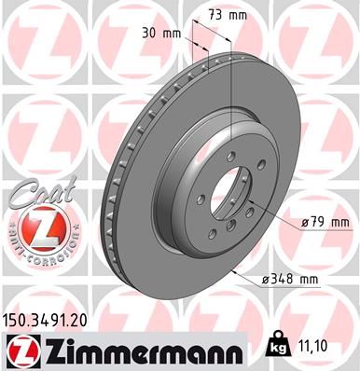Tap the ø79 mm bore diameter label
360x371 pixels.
(x=324, y=223)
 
